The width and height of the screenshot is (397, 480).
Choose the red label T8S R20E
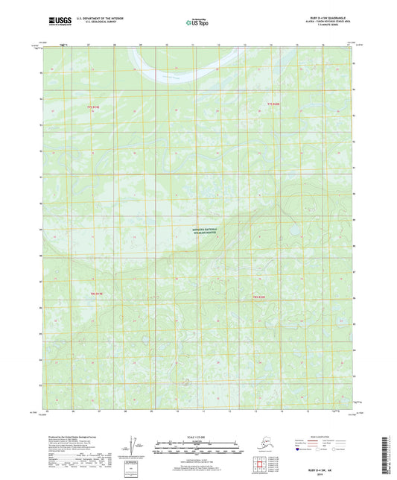point(255,297)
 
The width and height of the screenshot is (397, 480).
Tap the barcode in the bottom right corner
point(385,455)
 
